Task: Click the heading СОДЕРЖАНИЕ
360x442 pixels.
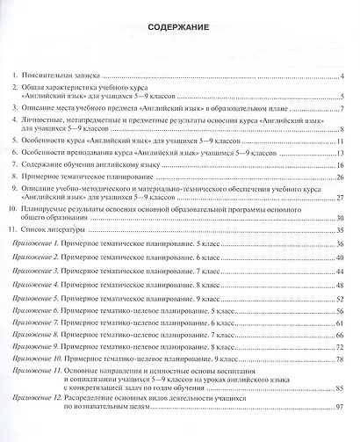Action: [x=179, y=27]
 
